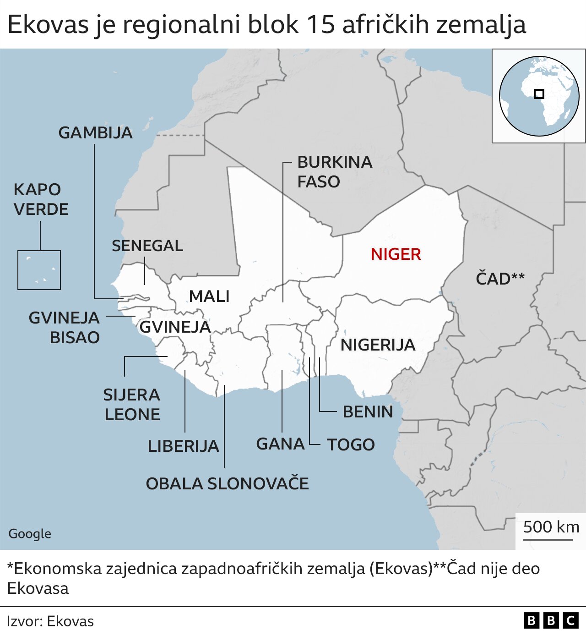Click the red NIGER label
[x=396, y=254]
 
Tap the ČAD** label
[x=500, y=278]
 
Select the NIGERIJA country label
[x=378, y=345]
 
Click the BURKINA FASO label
[x=334, y=172]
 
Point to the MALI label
[x=209, y=296]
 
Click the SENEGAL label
[x=147, y=246]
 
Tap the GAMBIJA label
[x=96, y=133]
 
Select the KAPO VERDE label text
[x=41, y=199]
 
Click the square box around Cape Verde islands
[x=39, y=270]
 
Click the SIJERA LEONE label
[x=132, y=404]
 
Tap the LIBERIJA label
[x=183, y=446]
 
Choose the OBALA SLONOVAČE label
[x=227, y=483]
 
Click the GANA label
[x=280, y=444]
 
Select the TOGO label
[x=351, y=444]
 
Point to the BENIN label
[x=368, y=411]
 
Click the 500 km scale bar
[x=549, y=539]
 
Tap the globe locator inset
[x=538, y=96]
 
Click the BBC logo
[x=551, y=620]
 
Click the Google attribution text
[x=30, y=533]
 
